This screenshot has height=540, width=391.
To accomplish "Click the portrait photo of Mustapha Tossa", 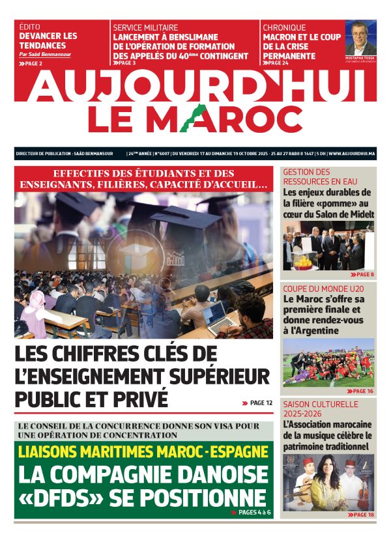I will tap(360, 39).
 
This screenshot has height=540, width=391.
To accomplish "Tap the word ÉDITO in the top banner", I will tap(31, 27).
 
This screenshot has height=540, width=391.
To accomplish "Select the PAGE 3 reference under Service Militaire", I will tap(126, 63).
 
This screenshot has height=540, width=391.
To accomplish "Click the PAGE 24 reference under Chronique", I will tap(277, 63).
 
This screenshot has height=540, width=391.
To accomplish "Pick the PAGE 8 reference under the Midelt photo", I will tap(362, 275).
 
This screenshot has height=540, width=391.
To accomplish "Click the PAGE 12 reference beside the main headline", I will tap(258, 403).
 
